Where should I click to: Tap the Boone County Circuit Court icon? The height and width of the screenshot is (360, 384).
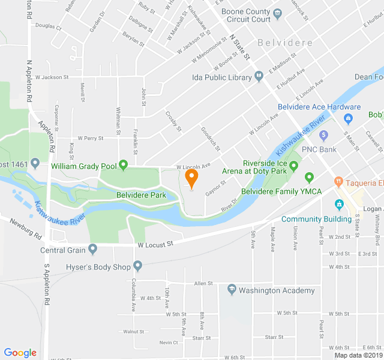click(x=277, y=13)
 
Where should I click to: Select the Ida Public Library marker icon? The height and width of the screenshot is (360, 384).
click(x=259, y=76)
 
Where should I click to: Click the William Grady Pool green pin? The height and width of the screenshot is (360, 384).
click(x=124, y=164)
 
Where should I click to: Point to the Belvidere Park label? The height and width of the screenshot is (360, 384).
click(x=140, y=195)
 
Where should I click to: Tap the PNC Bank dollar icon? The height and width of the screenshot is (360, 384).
click(x=324, y=134)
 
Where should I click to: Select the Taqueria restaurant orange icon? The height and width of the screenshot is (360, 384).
click(x=339, y=180)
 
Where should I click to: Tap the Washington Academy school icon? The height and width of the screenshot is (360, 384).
click(x=232, y=290)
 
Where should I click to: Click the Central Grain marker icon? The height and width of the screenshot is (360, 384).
click(x=92, y=248)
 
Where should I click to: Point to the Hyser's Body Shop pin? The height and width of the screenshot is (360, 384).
click(x=137, y=265)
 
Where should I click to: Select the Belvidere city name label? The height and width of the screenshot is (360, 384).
click(x=285, y=43)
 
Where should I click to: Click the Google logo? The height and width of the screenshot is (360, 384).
click(x=20, y=353)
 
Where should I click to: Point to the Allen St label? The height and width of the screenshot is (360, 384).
click(x=203, y=283)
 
